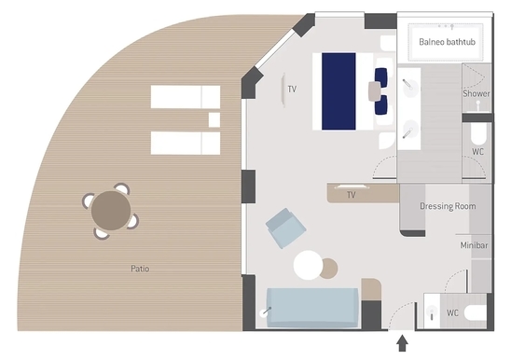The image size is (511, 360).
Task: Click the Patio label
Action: (x=140, y=269)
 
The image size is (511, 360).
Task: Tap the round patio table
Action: (x=111, y=211)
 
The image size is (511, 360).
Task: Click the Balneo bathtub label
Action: (x=447, y=42)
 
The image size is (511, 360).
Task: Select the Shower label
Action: (x=476, y=93)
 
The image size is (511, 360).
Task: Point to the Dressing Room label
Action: (x=448, y=206)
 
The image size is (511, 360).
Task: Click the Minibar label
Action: (x=474, y=245)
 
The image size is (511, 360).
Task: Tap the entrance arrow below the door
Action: (x=403, y=343)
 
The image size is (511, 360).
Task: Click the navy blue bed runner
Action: (x=338, y=91)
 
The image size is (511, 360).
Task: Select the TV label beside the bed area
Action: (x=292, y=89)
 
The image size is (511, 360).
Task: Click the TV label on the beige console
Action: (x=351, y=195)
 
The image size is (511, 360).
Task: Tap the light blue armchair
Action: (x=286, y=228)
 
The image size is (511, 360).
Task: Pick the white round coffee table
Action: (x=308, y=265)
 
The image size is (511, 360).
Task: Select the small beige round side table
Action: (x=329, y=269)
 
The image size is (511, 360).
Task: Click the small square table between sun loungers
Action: (x=214, y=119)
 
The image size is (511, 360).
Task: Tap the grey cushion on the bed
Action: (x=375, y=91)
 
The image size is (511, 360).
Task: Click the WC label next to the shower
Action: (x=477, y=152)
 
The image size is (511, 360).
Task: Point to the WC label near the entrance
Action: (x=452, y=313)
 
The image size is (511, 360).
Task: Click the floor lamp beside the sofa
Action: (x=266, y=312)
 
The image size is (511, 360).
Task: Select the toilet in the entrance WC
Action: (x=476, y=313)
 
